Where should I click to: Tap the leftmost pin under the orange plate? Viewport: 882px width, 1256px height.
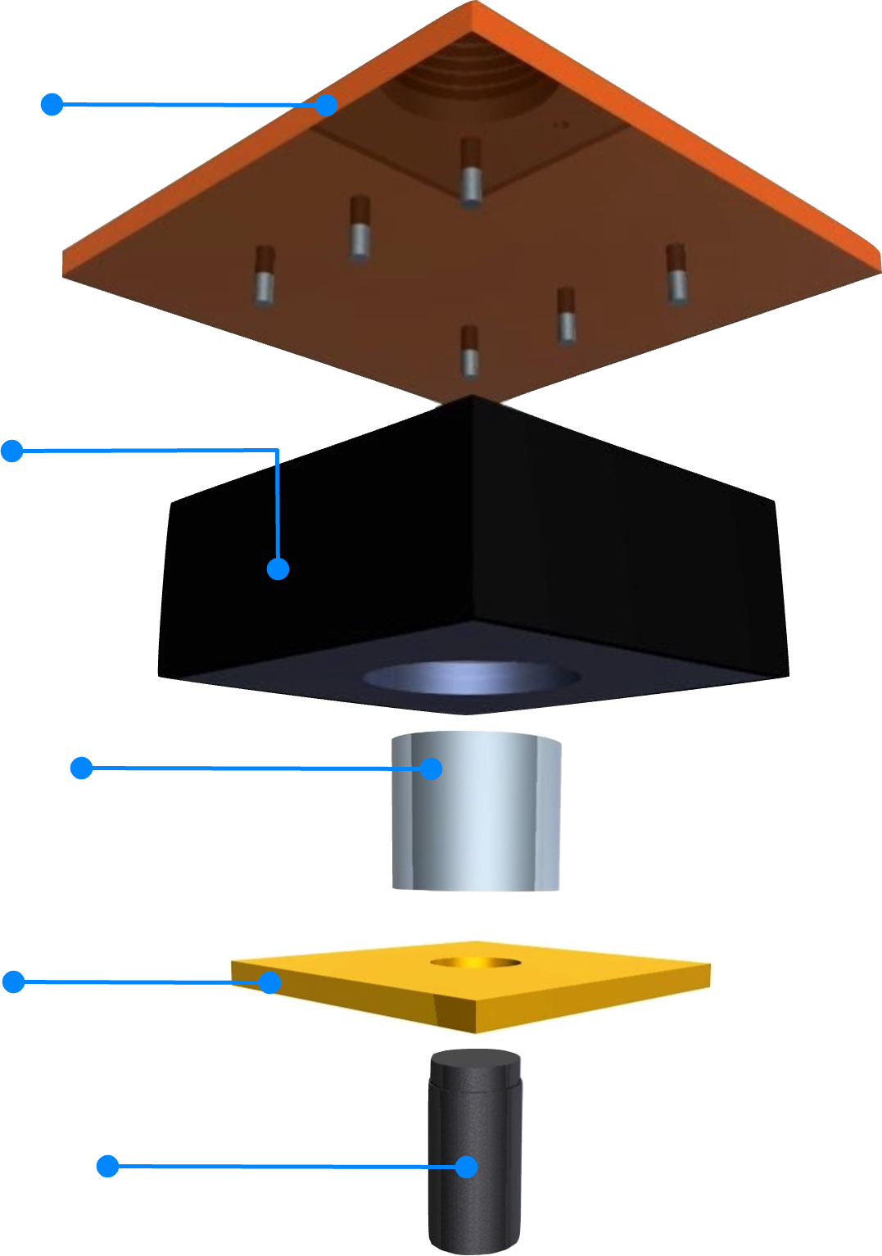click(264, 275)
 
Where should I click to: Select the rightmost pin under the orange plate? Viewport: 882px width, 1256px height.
click(675, 273)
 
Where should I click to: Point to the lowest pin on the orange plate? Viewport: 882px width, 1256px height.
click(468, 351)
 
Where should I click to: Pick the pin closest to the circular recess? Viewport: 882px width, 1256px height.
click(470, 172)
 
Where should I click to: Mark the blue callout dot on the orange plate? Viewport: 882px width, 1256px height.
click(327, 105)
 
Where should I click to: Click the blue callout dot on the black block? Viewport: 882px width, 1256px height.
click(278, 569)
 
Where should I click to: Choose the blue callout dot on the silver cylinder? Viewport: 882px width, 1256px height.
click(431, 769)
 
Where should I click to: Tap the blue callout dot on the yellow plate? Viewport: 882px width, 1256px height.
click(269, 982)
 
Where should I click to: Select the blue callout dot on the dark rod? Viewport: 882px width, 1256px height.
click(466, 1167)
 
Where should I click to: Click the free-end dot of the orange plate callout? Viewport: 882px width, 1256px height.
click(52, 104)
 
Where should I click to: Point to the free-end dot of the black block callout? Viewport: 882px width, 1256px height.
click(11, 451)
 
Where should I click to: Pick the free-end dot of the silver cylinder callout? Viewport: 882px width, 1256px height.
click(81, 768)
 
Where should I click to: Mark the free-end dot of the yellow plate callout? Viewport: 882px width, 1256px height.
click(13, 981)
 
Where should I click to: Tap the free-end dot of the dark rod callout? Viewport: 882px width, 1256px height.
click(107, 1166)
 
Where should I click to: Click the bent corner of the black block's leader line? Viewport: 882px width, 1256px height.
click(278, 451)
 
